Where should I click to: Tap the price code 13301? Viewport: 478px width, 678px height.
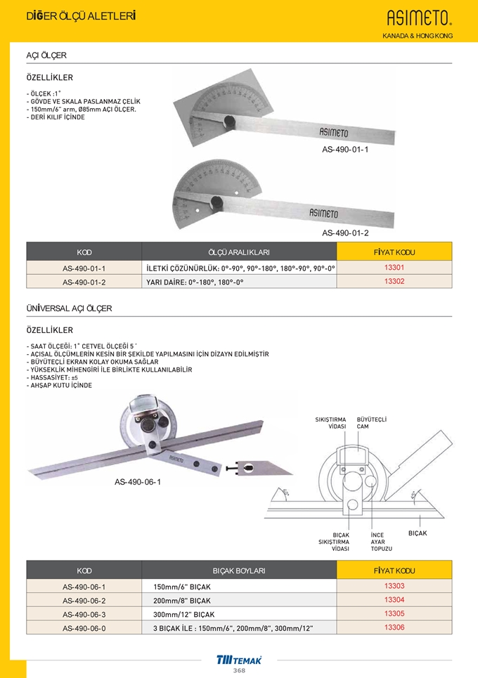tap(394, 268)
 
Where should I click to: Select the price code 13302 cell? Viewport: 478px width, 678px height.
tap(394, 281)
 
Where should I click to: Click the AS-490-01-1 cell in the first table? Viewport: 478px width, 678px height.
tap(84, 268)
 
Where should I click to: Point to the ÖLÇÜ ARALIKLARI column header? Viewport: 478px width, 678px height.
tap(239, 252)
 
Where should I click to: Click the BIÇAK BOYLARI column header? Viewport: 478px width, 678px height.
tap(239, 571)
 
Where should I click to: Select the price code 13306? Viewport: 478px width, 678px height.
tap(394, 627)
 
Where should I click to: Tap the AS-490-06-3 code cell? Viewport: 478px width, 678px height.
tap(84, 614)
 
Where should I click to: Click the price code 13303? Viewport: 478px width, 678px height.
tap(394, 586)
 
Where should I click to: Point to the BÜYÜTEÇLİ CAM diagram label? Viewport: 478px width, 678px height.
tap(372, 423)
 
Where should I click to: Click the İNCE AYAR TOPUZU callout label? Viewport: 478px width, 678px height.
tap(382, 541)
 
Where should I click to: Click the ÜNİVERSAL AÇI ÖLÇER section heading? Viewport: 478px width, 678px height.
tap(69, 308)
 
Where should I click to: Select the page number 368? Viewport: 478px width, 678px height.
tap(239, 670)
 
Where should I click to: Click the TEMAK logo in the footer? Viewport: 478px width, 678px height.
tap(239, 659)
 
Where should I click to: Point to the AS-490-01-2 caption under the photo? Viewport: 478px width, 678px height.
tap(345, 233)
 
